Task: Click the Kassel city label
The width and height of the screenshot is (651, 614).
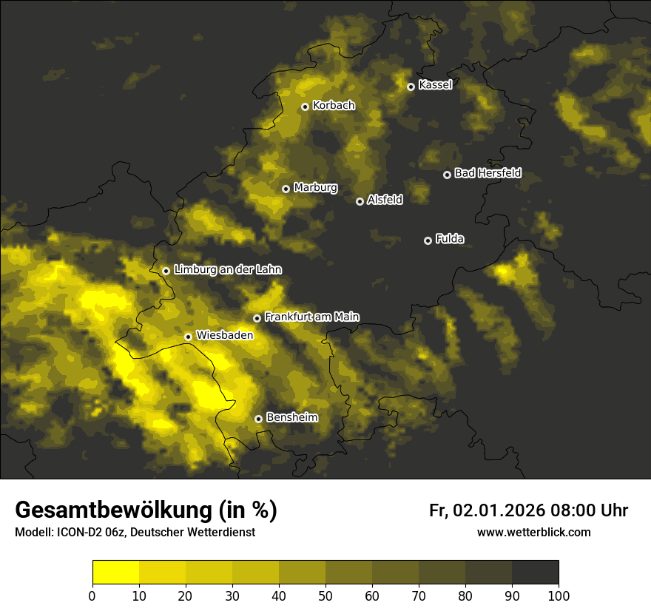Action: pos(435,85)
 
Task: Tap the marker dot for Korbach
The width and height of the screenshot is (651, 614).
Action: pos(305,107)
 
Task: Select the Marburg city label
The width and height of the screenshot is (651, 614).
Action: pos(315,188)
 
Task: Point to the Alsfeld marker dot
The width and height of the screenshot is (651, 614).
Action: pos(360,201)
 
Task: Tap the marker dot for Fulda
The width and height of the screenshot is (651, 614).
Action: pos(428,240)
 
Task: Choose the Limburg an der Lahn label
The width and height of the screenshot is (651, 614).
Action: pos(228,270)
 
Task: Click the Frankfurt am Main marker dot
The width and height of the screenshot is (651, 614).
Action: pos(257,318)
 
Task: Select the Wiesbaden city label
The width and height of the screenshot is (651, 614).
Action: pos(225,336)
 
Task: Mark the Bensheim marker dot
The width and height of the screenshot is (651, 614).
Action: pos(258,419)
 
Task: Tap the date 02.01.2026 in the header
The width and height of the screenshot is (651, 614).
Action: pos(499,510)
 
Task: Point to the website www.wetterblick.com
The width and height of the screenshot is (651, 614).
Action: pos(533,533)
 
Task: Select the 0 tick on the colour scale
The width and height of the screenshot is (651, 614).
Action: pos(92,596)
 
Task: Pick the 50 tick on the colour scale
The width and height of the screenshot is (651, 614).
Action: pos(325,596)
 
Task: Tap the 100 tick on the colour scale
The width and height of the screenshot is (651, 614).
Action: pos(559,596)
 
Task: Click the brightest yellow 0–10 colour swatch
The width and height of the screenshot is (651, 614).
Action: pos(115,573)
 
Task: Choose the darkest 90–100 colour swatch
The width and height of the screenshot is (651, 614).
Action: pos(535,573)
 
